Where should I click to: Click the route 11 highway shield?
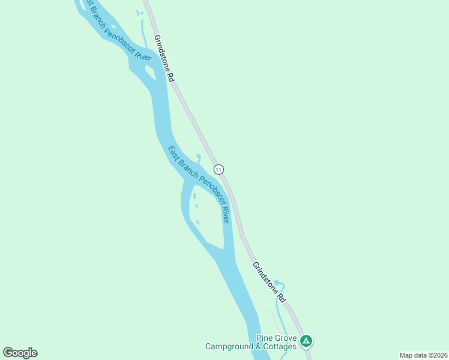click(x=218, y=169)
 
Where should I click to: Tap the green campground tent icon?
click(x=306, y=341)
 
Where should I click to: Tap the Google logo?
click(x=20, y=353)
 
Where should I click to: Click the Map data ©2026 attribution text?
click(x=423, y=355)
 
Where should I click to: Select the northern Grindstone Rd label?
click(x=164, y=58)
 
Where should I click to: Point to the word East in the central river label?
click(x=173, y=153)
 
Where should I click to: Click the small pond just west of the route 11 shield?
click(x=199, y=158)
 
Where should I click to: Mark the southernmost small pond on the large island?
click(x=197, y=223)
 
